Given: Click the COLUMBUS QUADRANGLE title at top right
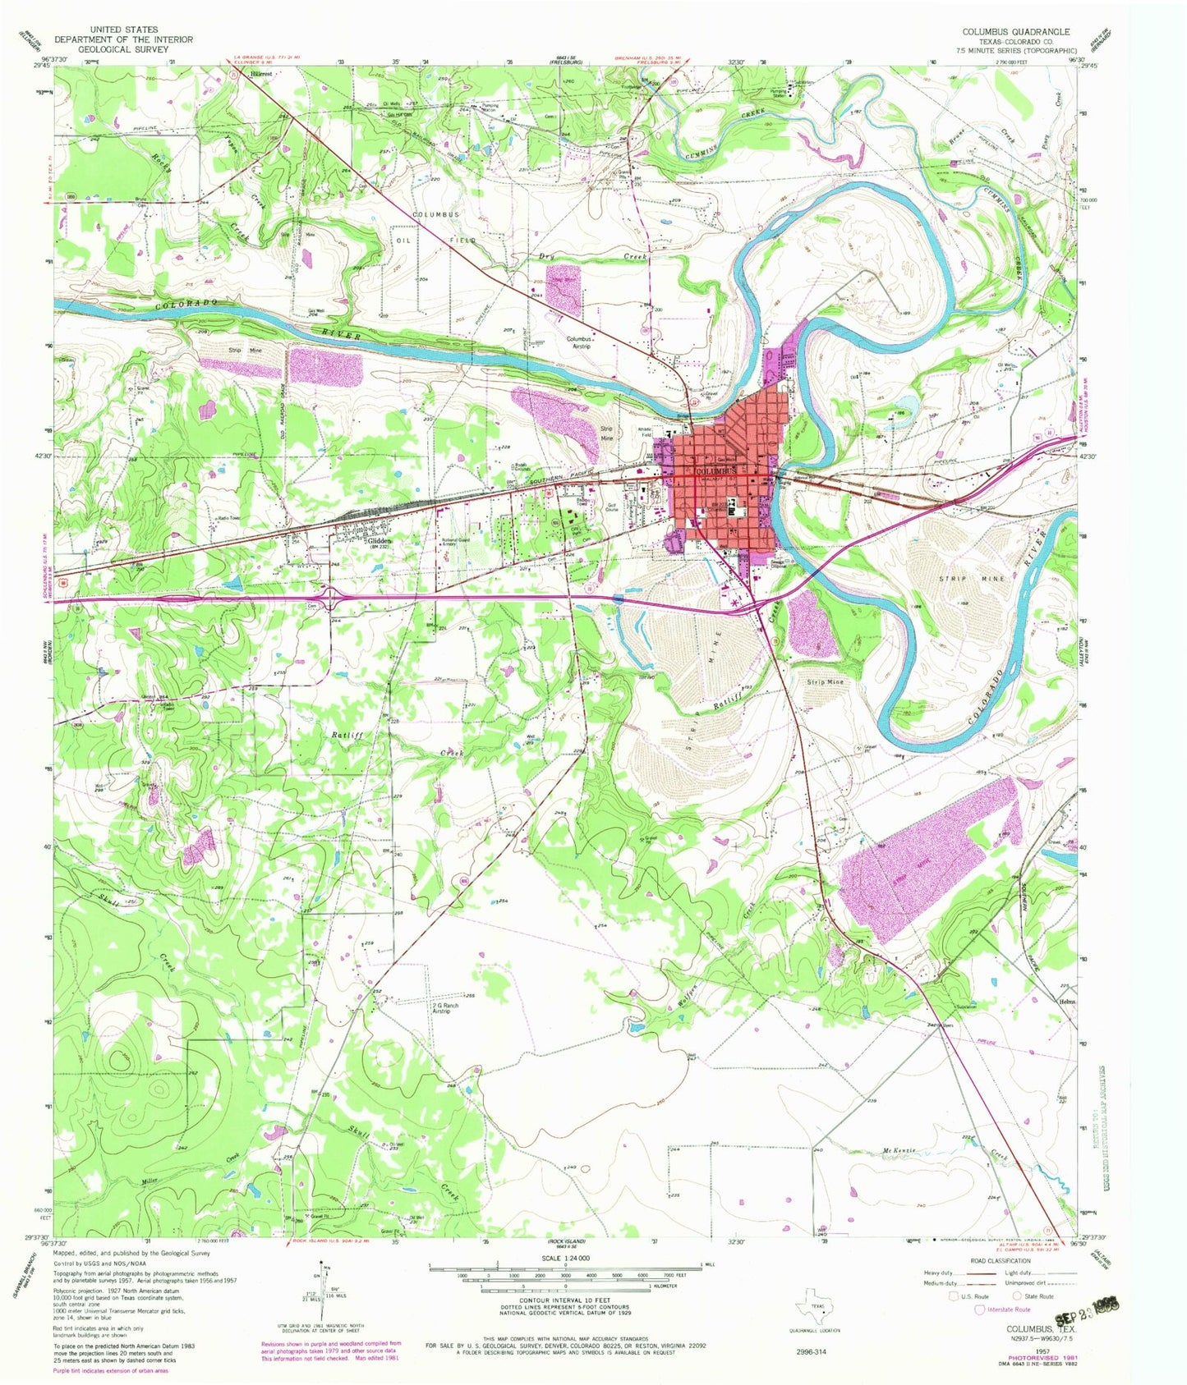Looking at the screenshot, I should pos(1016,31).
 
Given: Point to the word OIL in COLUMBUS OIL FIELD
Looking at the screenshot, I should pos(403,241).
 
